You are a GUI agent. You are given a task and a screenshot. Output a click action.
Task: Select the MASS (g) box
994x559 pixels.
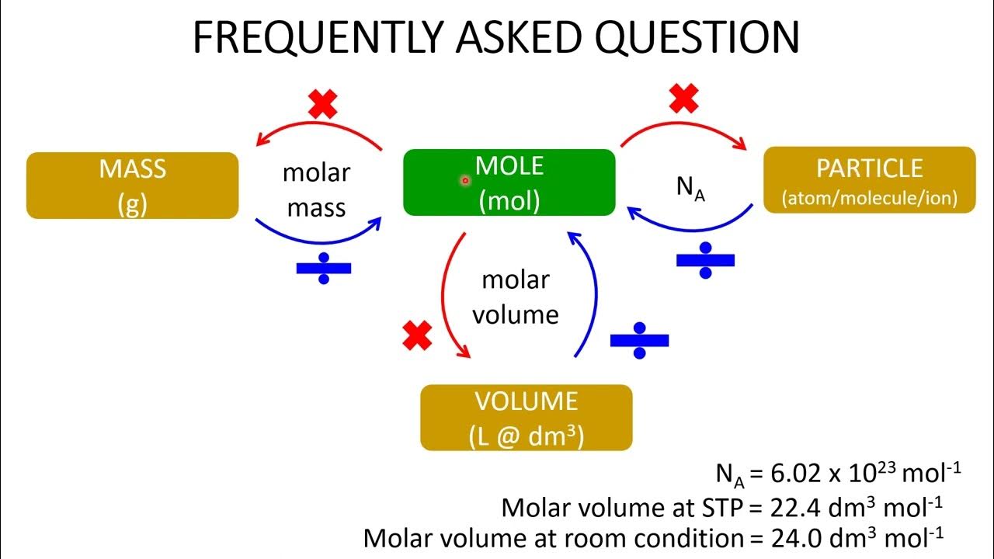[132, 186]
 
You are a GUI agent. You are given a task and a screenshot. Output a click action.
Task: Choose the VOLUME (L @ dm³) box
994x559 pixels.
[526, 418]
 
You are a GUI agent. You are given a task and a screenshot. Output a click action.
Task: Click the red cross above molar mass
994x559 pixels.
[323, 103]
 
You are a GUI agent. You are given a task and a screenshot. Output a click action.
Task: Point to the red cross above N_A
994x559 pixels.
[683, 99]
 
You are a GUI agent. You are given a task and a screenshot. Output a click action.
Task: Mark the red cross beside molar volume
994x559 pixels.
[417, 335]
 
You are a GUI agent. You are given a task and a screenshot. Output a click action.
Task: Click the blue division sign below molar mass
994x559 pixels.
[324, 268]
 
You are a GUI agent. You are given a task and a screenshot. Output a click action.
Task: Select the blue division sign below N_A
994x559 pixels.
[705, 259]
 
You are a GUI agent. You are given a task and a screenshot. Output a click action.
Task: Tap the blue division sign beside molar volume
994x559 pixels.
[639, 340]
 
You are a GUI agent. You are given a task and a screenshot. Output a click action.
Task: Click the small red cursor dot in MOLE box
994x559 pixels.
[465, 180]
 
